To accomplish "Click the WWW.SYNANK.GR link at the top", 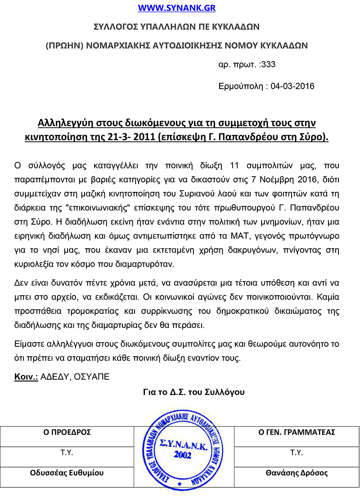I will (x=176, y=8).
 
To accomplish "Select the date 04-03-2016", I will (x=292, y=86).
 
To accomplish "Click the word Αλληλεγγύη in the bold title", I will (x=67, y=123).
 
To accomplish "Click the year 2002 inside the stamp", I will (x=182, y=455).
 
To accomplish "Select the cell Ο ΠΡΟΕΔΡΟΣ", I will (x=67, y=432).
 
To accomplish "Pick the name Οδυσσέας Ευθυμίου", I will (x=67, y=473).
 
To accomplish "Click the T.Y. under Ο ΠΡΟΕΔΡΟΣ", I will (x=67, y=453).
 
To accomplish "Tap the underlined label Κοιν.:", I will (x=26, y=377).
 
